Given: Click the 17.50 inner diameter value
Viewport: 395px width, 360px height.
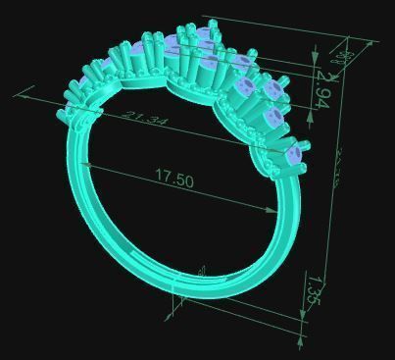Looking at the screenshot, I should click(174, 180).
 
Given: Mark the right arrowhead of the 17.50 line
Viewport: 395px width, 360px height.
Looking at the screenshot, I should click(274, 210).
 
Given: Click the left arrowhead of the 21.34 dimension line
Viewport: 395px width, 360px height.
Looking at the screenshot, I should click(19, 93).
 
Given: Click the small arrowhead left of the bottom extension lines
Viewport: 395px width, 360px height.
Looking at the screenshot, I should click(169, 316).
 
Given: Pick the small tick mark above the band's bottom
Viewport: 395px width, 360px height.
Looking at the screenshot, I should click(201, 271).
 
